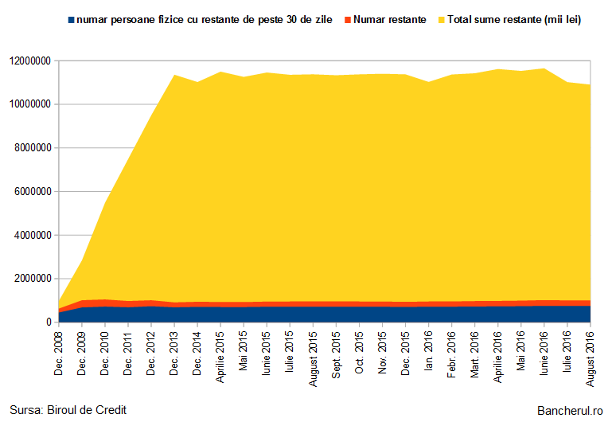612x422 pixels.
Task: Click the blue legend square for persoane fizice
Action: [71, 20]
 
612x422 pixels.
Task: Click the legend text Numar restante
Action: [389, 20]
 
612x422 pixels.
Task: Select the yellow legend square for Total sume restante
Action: [442, 20]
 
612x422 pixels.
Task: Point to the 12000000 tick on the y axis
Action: [30, 61]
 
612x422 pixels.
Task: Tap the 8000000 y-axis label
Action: [33, 148]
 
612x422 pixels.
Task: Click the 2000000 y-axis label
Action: [33, 279]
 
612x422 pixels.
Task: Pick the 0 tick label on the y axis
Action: [49, 322]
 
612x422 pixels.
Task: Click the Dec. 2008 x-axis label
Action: [59, 354]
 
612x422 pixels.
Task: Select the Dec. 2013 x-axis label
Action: [174, 354]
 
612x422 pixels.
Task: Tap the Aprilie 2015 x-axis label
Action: [220, 358]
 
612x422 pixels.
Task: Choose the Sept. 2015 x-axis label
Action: [336, 355]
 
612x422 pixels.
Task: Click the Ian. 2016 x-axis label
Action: [428, 350]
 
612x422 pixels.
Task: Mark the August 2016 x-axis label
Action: [591, 359]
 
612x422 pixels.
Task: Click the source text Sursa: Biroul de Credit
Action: [68, 410]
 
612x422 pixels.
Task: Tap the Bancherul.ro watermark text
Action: [570, 411]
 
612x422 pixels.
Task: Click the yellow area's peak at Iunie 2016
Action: [544, 68]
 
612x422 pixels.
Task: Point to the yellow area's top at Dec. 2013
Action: [174, 75]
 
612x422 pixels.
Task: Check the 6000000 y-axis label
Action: [33, 192]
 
